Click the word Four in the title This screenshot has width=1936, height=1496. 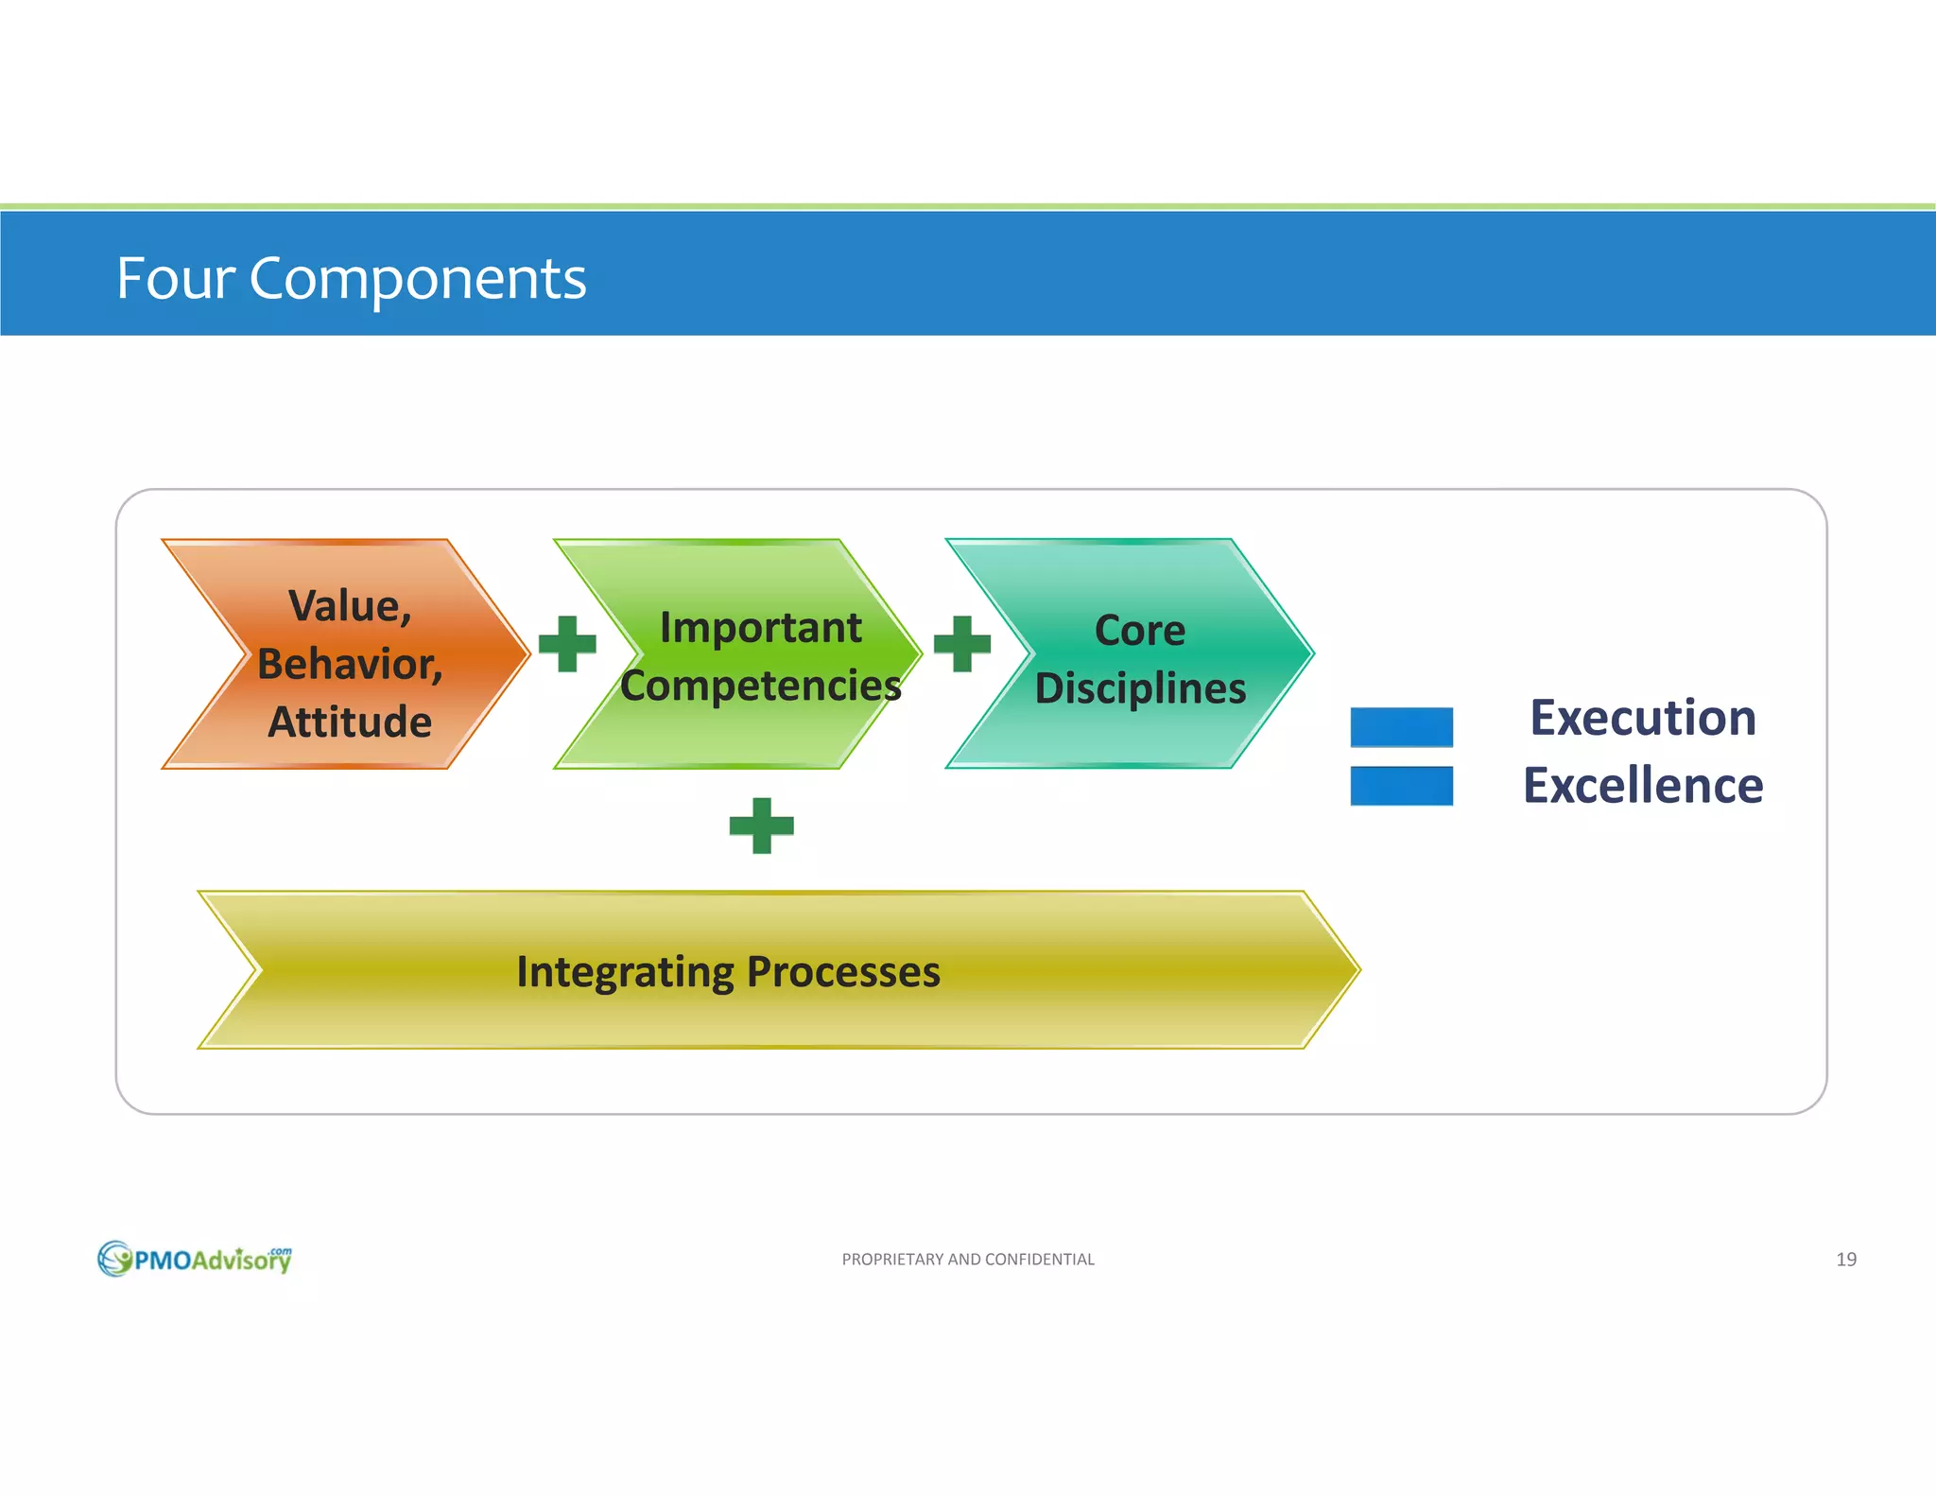[x=175, y=279]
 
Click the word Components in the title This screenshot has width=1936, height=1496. [x=417, y=281]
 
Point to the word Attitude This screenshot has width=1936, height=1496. [x=350, y=722]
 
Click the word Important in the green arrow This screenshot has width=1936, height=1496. [x=760, y=628]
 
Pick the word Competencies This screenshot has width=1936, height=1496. [x=760, y=687]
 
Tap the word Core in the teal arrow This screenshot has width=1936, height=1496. [x=1139, y=631]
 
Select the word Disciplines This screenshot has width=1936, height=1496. [x=1140, y=688]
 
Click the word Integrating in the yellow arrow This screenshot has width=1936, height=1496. [x=624, y=972]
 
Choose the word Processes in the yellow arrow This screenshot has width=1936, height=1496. [x=843, y=972]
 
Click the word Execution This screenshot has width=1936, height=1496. [x=1643, y=718]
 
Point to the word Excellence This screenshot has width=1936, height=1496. [x=1643, y=786]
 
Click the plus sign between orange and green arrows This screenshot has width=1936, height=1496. [x=567, y=644]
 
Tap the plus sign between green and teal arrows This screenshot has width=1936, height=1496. [x=962, y=644]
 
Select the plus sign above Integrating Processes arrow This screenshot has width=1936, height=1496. [x=761, y=826]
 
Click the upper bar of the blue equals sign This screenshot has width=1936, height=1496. [x=1401, y=727]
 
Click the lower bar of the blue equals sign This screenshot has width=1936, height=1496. [x=1401, y=786]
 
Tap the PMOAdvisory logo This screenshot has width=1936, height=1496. [x=195, y=1259]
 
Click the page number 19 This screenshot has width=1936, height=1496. [x=1845, y=1260]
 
